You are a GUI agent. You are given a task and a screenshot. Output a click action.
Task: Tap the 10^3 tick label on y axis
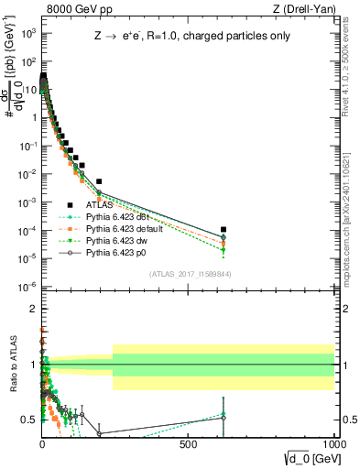(27, 33)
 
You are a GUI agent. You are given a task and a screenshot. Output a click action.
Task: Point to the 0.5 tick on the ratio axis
(27, 420)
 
